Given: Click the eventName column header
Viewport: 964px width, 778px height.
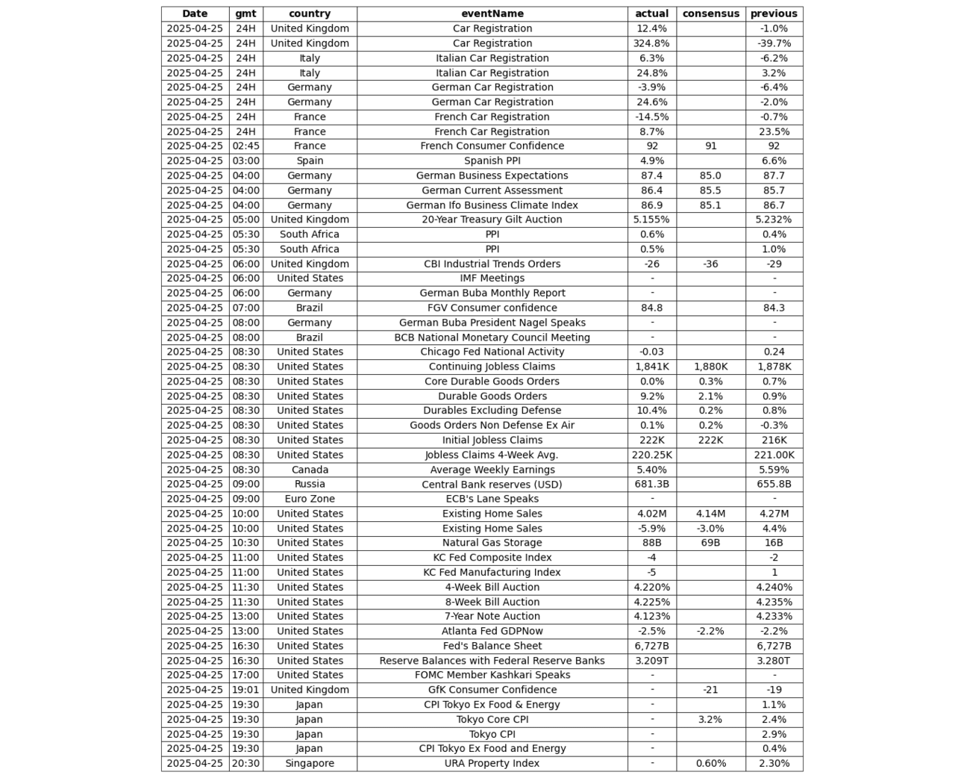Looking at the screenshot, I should coord(492,13).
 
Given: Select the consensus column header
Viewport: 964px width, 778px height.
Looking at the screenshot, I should coord(710,13).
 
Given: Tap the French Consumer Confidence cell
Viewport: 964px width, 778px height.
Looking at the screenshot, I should coord(492,146).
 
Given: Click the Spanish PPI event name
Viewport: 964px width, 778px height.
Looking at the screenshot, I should coord(492,161).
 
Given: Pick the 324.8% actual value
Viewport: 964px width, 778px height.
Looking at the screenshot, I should coord(651,43).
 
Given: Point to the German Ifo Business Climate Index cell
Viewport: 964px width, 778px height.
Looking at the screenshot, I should coord(492,205).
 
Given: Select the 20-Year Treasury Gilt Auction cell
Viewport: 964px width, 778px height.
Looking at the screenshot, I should coord(492,220).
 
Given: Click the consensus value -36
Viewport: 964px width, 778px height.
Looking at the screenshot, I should coord(710,264).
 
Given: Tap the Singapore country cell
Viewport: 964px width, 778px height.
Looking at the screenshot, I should coord(310,763).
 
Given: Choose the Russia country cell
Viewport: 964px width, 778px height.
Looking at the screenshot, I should coord(310,484).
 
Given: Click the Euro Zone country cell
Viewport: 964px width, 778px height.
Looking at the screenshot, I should coord(310,499).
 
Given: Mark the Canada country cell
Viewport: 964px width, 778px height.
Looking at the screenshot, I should coord(310,470).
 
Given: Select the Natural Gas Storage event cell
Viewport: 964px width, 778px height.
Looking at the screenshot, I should coord(492,543).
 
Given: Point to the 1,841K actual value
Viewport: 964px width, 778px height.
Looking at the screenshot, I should coord(651,367).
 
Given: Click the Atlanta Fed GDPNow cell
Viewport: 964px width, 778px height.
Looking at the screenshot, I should coord(492,631).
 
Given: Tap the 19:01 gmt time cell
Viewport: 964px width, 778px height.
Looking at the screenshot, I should coord(245,690).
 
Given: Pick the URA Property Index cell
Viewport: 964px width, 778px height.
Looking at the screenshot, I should coord(492,763).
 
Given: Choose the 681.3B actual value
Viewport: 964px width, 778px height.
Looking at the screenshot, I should coord(651,484).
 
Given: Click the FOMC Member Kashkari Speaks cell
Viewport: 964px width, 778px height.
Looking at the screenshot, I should coord(492,675).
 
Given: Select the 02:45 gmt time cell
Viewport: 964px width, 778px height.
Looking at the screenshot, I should coord(245,146).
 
